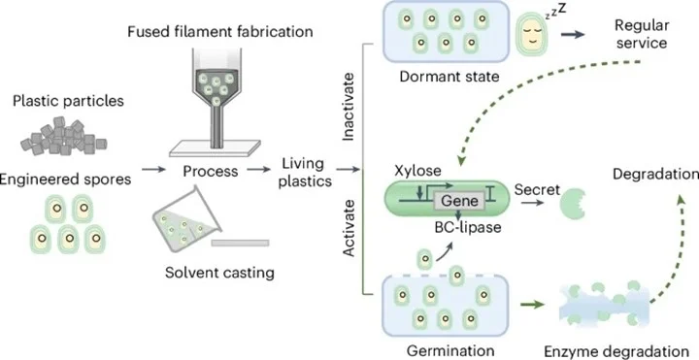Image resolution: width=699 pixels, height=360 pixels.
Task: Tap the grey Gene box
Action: [459, 202]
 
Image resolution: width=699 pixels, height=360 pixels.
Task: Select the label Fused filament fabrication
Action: [219, 32]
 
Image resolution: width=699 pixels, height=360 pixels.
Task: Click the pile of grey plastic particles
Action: [63, 136]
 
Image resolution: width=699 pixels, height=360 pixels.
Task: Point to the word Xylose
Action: [417, 170]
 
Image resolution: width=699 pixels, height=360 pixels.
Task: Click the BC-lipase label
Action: [468, 227]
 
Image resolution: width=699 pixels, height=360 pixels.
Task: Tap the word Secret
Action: [537, 190]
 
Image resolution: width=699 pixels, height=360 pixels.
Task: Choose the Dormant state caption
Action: [449, 77]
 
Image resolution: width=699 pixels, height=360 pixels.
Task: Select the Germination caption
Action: [450, 349]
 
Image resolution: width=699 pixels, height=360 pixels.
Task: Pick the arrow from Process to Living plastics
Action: [259, 170]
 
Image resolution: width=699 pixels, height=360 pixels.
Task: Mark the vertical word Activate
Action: [349, 228]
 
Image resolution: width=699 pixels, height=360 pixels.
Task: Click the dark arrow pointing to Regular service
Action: [573, 35]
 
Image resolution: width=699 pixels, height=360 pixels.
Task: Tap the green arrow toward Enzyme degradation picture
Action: [532, 305]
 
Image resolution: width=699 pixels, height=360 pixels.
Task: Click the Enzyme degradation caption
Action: [616, 350]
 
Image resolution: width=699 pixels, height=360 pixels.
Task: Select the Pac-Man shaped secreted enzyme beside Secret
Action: [572, 204]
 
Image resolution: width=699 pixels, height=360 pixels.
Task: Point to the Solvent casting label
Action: [219, 273]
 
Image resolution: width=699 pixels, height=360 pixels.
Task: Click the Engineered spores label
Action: [66, 180]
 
